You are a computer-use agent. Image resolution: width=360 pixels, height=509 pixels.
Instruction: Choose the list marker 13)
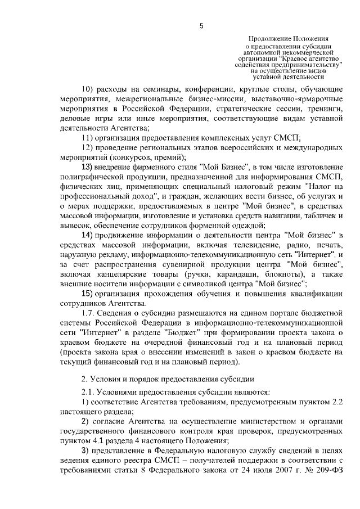[89, 167]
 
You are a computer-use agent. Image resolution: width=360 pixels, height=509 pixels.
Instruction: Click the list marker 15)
[89, 294]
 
